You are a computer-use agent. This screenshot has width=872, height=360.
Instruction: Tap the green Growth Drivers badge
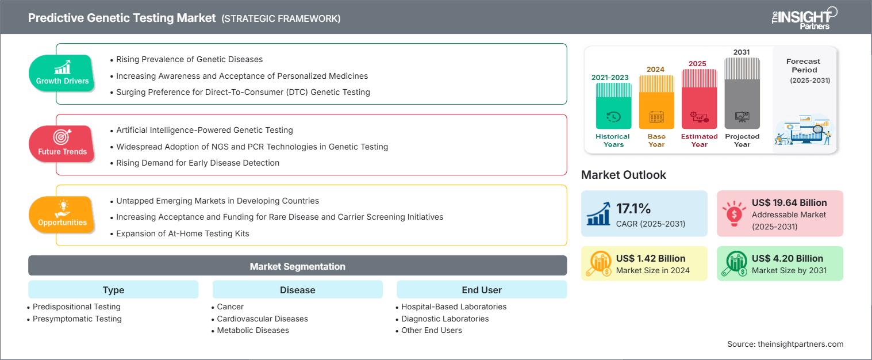(62, 74)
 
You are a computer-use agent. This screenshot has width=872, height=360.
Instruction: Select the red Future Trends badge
(62, 144)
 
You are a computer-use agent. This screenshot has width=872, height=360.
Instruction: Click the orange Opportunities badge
(62, 215)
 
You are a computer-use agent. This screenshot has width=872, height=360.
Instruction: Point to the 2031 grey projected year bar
(742, 93)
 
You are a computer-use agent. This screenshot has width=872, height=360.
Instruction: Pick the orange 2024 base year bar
(656, 102)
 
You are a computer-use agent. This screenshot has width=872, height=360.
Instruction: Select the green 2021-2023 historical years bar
(613, 105)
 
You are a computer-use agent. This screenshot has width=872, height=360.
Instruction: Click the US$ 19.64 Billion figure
(789, 202)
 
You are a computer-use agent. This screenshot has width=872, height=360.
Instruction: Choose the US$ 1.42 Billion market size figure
(650, 258)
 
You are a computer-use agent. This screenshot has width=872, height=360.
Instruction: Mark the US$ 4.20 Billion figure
(787, 258)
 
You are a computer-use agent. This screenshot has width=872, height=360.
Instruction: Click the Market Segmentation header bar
(297, 266)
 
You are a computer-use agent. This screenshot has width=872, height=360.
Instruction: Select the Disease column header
(297, 290)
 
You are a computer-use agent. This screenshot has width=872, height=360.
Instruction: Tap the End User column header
(481, 290)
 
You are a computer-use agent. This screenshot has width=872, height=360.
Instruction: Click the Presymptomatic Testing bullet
(77, 319)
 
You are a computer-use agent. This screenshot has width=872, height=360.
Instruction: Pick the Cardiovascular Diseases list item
(262, 319)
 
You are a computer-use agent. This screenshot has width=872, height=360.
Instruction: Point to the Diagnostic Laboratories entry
(444, 319)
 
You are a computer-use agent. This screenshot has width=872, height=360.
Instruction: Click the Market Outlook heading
(624, 175)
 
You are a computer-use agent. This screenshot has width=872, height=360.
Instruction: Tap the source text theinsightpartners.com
(785, 344)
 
